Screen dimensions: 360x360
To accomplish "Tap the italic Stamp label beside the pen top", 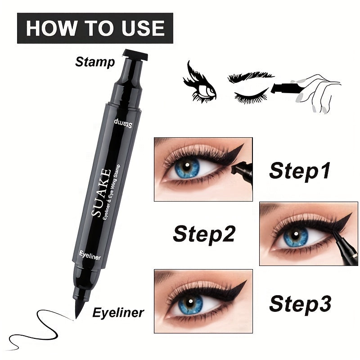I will click(x=95, y=62).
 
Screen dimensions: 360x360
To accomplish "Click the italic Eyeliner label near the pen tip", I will click(x=118, y=312).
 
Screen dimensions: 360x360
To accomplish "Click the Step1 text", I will click(x=300, y=171).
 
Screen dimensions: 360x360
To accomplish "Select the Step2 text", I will click(x=204, y=234).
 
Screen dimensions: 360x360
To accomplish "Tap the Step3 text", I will click(x=300, y=304).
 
